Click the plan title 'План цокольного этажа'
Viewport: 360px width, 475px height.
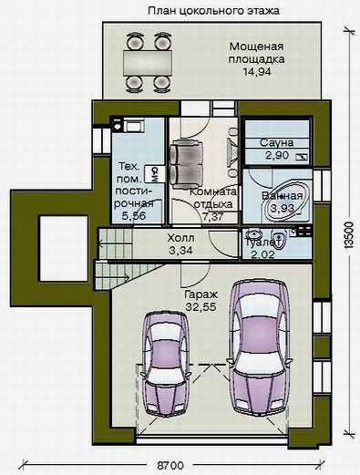(x=213, y=11)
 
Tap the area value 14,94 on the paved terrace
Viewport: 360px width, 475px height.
(x=257, y=72)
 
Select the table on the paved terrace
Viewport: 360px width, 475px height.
(x=148, y=63)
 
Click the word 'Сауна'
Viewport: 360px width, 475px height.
(x=277, y=143)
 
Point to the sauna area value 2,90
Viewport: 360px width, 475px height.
(x=277, y=155)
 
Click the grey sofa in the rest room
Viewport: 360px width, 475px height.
(x=186, y=165)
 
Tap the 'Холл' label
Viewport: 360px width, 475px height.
(x=180, y=238)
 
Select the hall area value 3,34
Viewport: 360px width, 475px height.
(x=180, y=251)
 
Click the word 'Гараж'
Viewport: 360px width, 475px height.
(x=201, y=294)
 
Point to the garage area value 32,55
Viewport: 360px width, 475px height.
(x=201, y=307)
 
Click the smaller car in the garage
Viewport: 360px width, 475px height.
(x=165, y=365)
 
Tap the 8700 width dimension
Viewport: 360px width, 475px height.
(x=170, y=466)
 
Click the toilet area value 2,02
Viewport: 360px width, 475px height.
(x=263, y=254)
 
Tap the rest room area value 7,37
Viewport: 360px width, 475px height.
(x=213, y=217)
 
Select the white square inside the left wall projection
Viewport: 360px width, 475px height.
(x=64, y=248)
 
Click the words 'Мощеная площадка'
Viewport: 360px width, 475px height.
(x=257, y=53)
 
